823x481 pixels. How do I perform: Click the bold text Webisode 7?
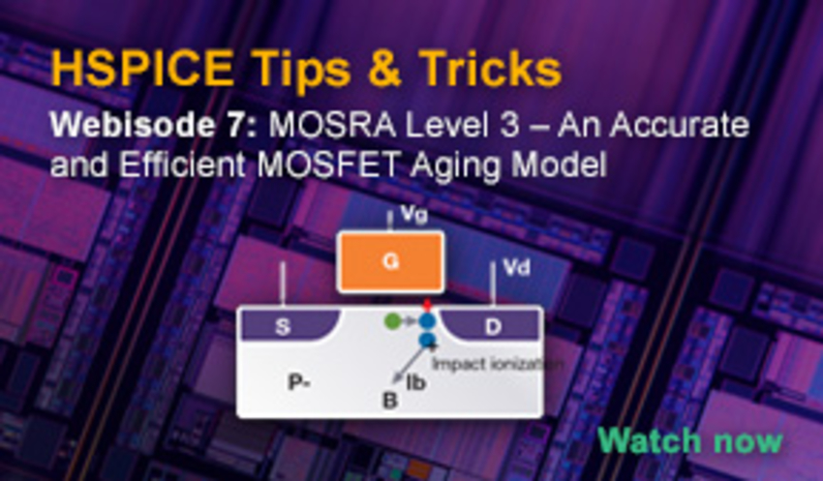pyautogui.click(x=150, y=126)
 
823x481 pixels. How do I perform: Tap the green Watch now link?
pyautogui.click(x=688, y=440)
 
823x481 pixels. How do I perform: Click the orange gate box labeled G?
pyautogui.click(x=390, y=261)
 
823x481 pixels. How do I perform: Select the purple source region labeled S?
pyautogui.click(x=282, y=327)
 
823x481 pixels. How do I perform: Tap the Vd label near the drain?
pyautogui.click(x=517, y=266)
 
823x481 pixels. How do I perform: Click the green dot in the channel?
pyautogui.click(x=391, y=320)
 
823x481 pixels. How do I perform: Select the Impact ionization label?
pyautogui.click(x=485, y=364)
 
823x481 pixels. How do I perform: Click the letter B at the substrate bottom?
pyautogui.click(x=389, y=400)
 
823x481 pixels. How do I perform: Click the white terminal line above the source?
pyautogui.click(x=283, y=286)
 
